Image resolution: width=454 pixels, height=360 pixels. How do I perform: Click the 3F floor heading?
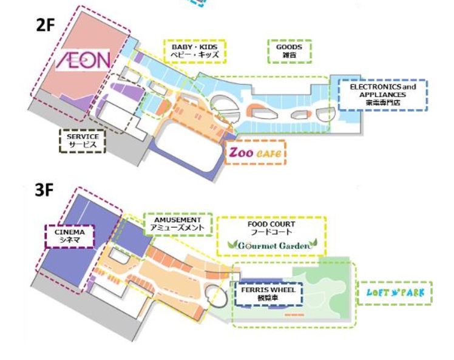(44, 189)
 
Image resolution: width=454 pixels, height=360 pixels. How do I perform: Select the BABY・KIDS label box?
(195, 52)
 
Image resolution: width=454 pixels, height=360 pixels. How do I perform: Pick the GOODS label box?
(290, 52)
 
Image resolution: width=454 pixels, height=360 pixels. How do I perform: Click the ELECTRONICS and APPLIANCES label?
(382, 95)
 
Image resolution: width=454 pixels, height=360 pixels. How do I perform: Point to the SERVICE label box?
(83, 140)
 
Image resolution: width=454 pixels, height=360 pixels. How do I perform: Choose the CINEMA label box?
(70, 236)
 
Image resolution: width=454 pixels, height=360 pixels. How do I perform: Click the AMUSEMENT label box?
(177, 224)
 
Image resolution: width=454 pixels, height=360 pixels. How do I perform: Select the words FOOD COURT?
(271, 224)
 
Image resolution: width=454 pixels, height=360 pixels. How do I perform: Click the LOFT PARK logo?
(395, 293)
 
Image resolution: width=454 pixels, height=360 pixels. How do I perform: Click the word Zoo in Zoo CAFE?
(241, 153)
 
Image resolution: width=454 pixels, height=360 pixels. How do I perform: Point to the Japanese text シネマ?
(70, 240)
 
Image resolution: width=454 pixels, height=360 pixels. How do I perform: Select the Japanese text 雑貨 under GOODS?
(290, 56)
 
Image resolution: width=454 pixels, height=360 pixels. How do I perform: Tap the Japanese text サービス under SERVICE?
(83, 144)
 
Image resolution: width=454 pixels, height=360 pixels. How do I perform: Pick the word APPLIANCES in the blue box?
(382, 95)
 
